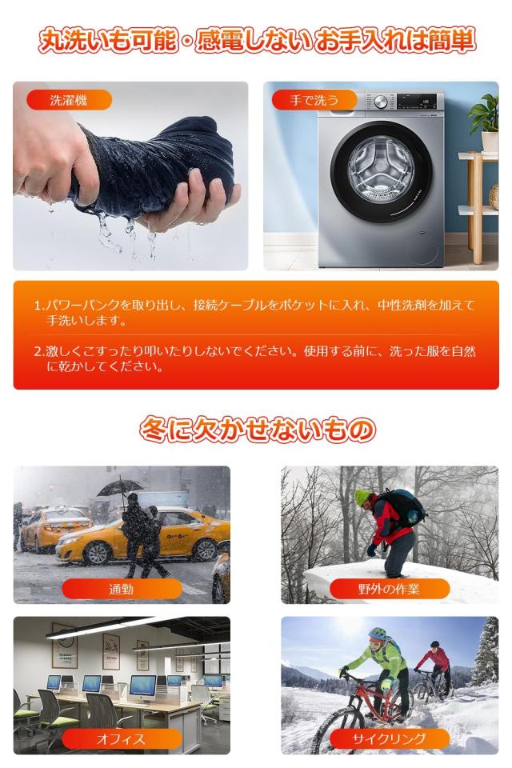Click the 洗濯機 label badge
[68, 101]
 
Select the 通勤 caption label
[122, 590]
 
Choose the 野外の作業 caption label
[389, 590]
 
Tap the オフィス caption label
[122, 739]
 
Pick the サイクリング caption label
[389, 739]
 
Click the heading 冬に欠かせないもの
[256, 430]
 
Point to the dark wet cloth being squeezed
[152, 172]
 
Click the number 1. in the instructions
[38, 306]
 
